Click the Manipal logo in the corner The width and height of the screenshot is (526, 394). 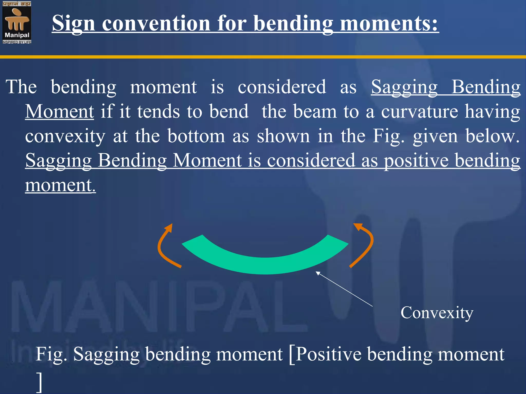click(x=17, y=23)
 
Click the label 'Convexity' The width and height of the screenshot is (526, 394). click(x=437, y=313)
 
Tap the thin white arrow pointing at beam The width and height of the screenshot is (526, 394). click(x=344, y=289)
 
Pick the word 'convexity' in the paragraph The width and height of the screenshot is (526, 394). click(x=65, y=136)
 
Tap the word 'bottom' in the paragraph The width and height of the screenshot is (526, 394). click(x=196, y=136)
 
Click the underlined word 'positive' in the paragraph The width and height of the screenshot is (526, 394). click(x=416, y=161)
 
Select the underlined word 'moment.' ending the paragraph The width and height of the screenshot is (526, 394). click(x=60, y=185)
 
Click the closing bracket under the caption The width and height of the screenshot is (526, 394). click(x=39, y=382)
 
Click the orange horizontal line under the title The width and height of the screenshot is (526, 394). click(x=263, y=57)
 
